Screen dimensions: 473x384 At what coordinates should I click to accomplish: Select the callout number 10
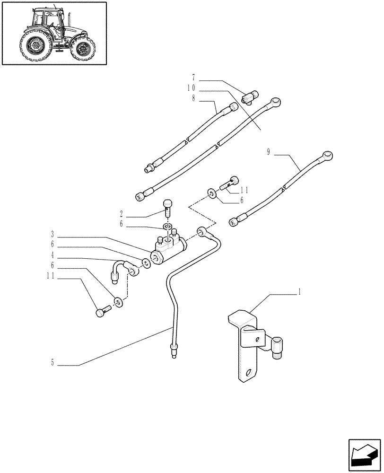pos(192,88)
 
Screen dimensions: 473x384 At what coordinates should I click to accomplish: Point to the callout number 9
pos(269,152)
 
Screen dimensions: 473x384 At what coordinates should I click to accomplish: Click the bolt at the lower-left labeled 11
pos(102,312)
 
